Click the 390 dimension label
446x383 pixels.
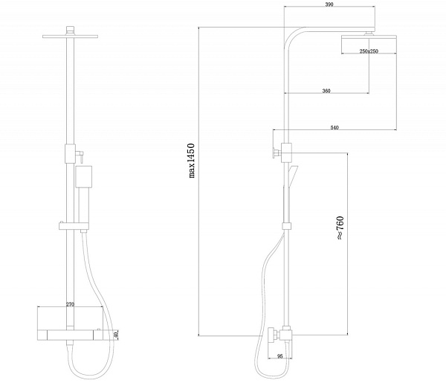pyautogui.click(x=329, y=4)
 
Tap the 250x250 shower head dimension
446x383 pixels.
pyautogui.click(x=369, y=51)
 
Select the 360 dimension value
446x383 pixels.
pyautogui.click(x=326, y=91)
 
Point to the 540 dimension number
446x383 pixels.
pyautogui.click(x=334, y=127)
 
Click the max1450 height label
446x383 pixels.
pyautogui.click(x=192, y=161)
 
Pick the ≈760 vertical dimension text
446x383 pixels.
pyautogui.click(x=340, y=228)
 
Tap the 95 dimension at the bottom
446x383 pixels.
pyautogui.click(x=280, y=356)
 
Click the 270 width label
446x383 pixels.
pyautogui.click(x=70, y=304)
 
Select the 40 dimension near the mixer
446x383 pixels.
pyautogui.click(x=115, y=335)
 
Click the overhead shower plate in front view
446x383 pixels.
pyautogui.click(x=71, y=36)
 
